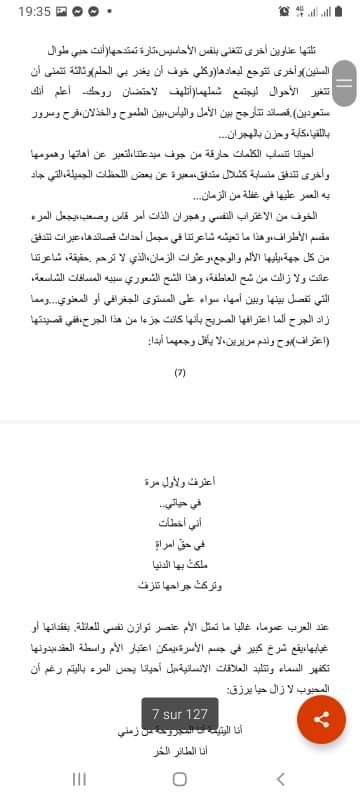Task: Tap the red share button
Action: [x=321, y=747]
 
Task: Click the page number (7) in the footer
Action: [x=179, y=372]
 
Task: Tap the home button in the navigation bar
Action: [x=180, y=778]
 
